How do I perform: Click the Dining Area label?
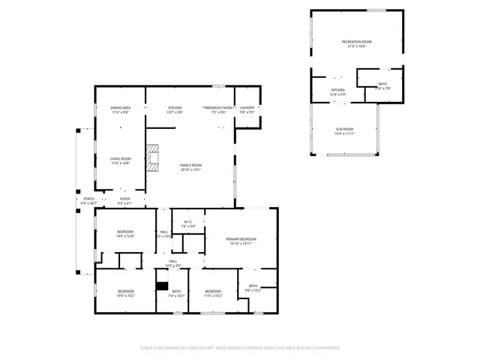coord(120,108)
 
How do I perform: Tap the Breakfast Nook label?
coord(218,108)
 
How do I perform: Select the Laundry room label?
coord(247,108)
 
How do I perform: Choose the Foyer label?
coord(124,199)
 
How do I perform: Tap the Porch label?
coord(88,199)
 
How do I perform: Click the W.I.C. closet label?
coord(189,222)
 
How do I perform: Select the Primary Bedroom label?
coord(239,239)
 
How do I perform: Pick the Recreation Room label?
coord(357,42)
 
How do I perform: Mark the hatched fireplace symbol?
coord(154,159)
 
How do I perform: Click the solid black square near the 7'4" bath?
coord(160,285)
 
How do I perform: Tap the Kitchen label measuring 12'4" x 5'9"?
coord(338,90)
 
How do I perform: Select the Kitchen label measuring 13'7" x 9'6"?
coord(175,108)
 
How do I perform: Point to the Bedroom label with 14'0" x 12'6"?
coord(125,232)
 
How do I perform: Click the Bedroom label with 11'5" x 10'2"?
coord(213,291)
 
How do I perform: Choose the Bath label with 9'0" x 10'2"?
coord(253,286)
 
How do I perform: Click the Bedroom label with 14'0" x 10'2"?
coord(125,291)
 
